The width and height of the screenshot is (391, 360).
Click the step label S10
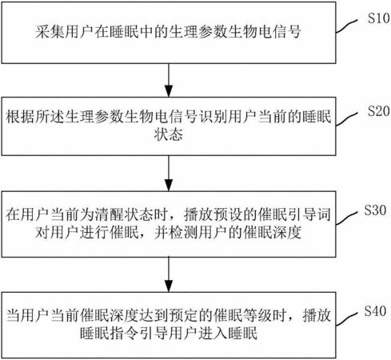[x=379, y=18]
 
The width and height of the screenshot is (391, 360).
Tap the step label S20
[x=379, y=111]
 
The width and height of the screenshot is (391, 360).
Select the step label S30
[x=375, y=210]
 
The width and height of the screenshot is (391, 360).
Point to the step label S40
[x=375, y=311]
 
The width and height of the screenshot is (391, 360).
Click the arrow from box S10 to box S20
[x=169, y=80]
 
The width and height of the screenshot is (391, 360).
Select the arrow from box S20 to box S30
[x=169, y=174]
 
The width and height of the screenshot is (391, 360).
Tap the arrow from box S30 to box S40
[x=169, y=274]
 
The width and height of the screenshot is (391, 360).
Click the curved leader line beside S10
[x=346, y=26]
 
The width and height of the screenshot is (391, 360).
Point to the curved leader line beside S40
[x=346, y=318]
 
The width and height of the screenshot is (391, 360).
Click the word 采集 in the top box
[x=50, y=32]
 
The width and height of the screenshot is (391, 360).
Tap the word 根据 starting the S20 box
[x=21, y=117]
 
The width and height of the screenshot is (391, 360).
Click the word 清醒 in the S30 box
[x=110, y=214]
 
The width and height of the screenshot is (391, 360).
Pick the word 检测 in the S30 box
[x=183, y=233]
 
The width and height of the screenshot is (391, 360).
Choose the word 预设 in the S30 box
[x=228, y=214]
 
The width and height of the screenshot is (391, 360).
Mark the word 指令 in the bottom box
[x=125, y=334]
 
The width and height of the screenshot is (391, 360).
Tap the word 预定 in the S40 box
[x=183, y=315]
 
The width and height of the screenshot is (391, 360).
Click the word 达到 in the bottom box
[x=154, y=315]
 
